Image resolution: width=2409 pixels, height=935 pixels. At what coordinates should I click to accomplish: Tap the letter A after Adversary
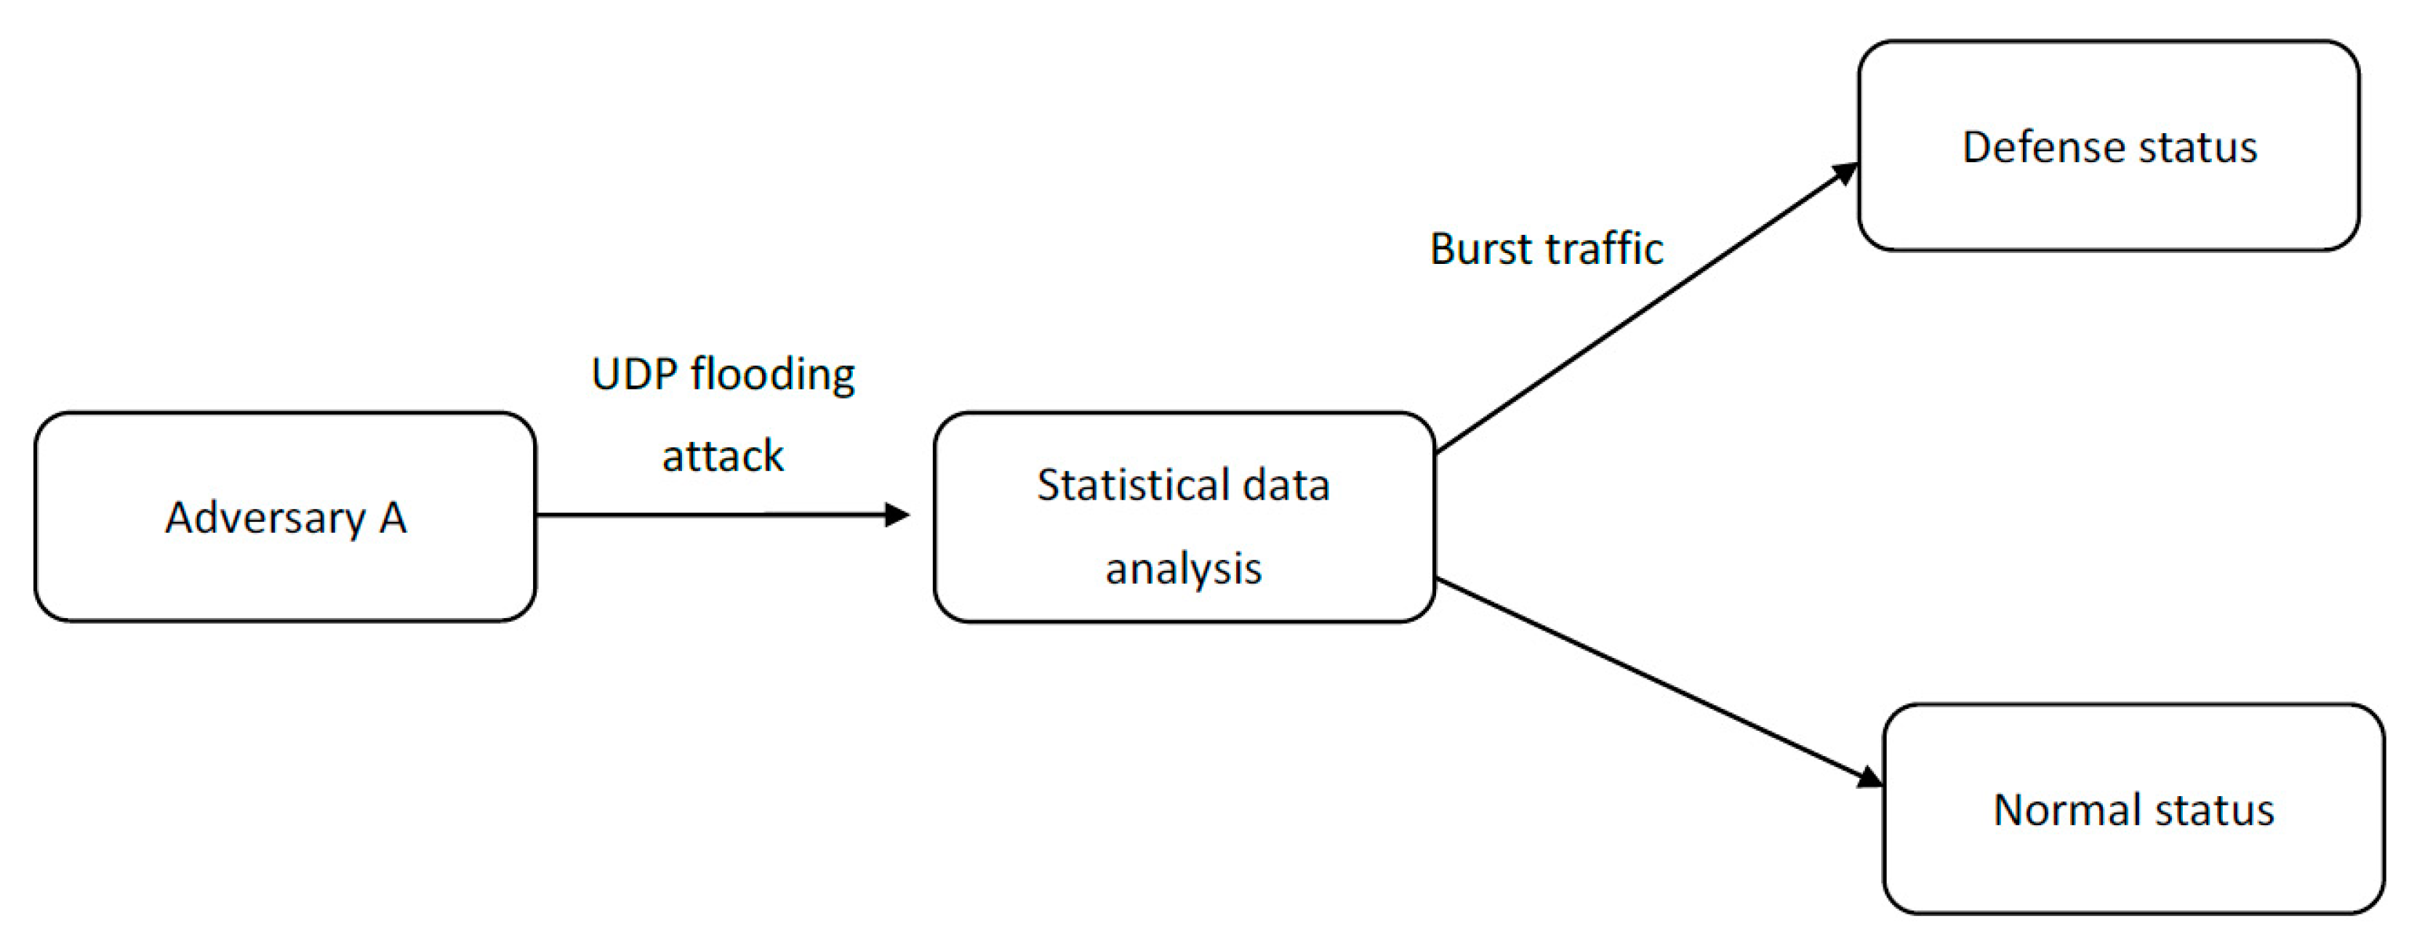tap(393, 517)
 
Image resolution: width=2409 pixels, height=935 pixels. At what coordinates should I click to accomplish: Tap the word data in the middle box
tap(1286, 485)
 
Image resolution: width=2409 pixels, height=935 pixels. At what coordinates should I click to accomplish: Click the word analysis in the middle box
tap(1183, 569)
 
